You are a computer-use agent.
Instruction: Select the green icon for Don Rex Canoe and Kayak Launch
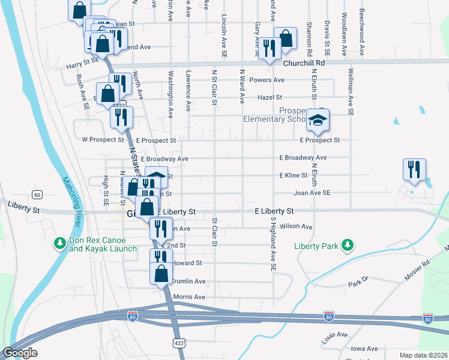point(59,243)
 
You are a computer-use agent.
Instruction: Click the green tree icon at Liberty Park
point(347,244)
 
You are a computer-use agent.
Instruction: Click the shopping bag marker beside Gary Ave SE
point(286,38)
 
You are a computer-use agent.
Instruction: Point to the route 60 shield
point(37,194)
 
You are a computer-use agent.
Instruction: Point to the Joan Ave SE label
point(312,193)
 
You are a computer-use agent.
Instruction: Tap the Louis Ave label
point(334,334)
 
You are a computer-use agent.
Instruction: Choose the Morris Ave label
point(189,297)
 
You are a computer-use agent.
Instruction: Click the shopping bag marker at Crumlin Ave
point(161,274)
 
